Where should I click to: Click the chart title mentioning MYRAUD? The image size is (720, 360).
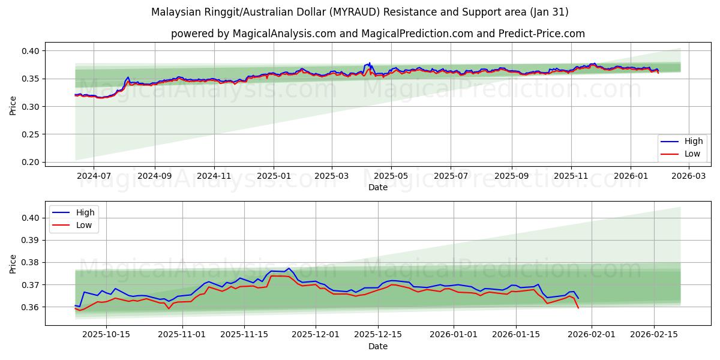point(359,12)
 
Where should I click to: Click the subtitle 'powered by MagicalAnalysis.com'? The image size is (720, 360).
point(377,34)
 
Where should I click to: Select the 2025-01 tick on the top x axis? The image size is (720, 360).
point(274,176)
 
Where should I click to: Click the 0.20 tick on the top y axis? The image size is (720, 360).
point(31,162)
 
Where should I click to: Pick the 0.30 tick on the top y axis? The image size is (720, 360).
point(31,107)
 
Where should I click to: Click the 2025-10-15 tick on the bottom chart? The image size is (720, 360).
point(107,335)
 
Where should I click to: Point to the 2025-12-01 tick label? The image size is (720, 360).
point(316,335)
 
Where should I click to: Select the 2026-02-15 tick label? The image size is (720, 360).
point(653,335)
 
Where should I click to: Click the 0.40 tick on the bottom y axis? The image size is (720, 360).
point(31,218)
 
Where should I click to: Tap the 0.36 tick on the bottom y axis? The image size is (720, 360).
point(31,307)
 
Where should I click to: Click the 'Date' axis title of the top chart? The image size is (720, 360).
point(377,187)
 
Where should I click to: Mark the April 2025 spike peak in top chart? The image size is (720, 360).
point(369,62)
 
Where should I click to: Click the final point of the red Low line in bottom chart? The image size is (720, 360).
point(578,308)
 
